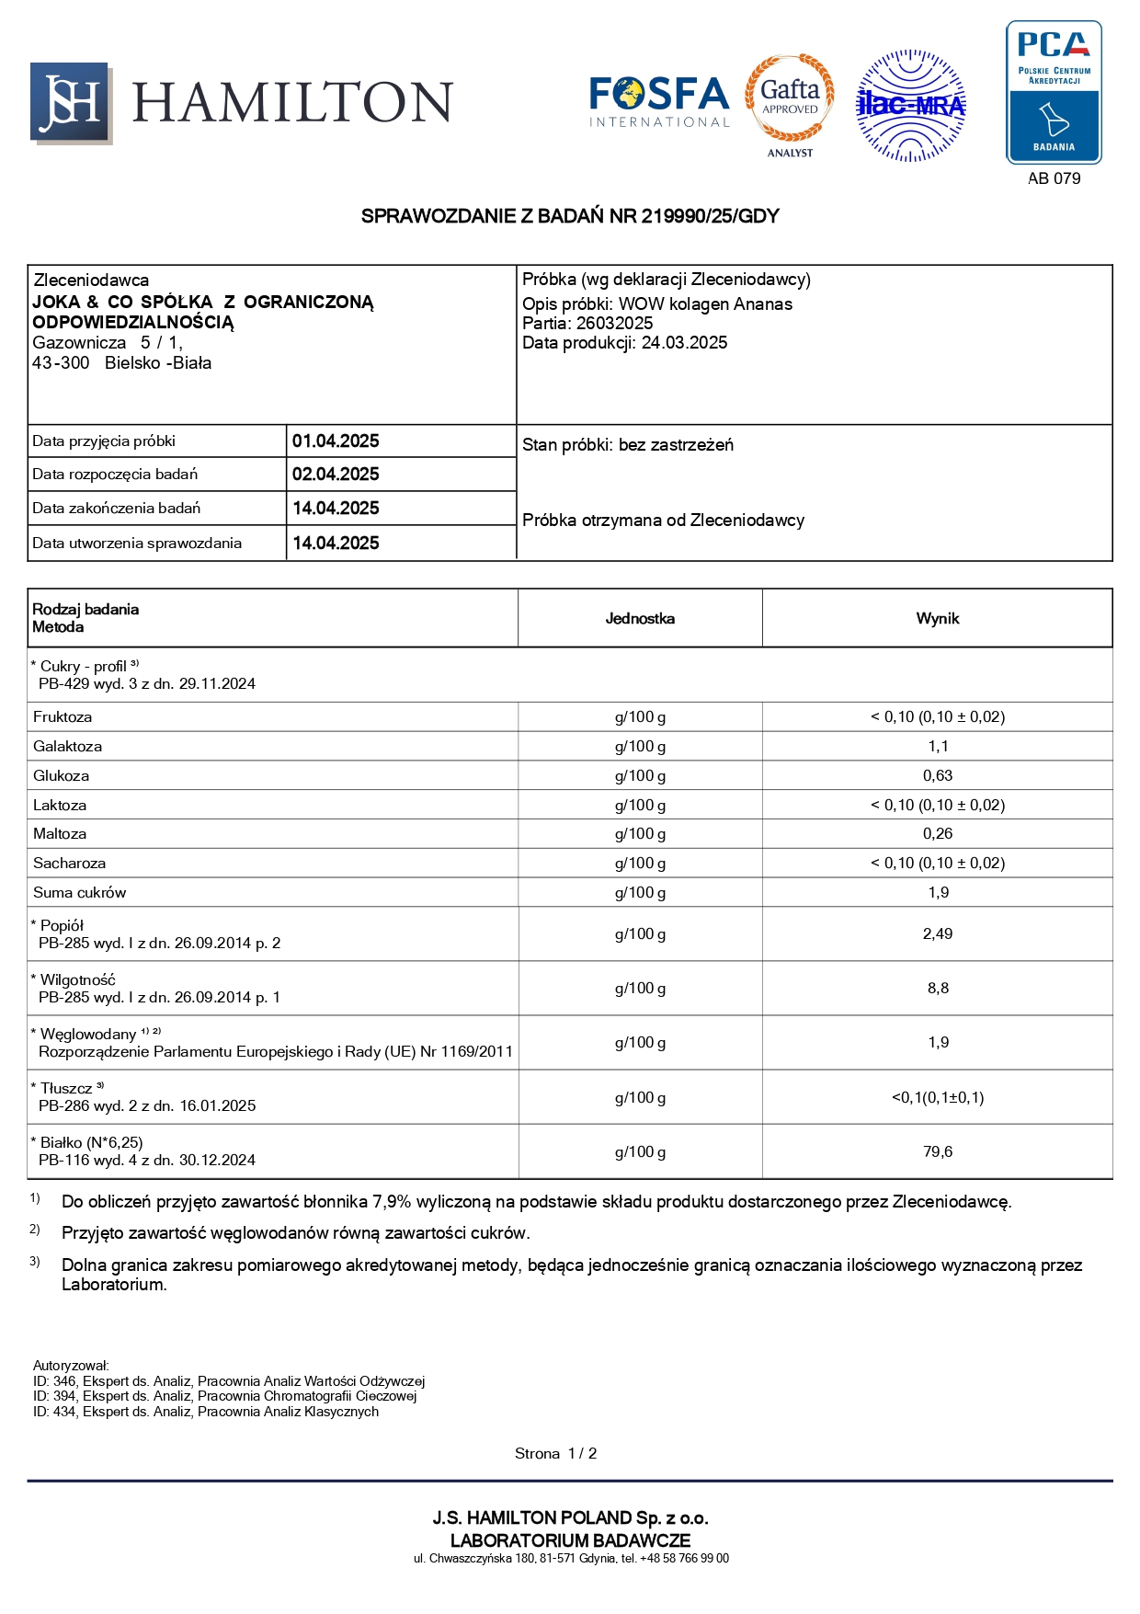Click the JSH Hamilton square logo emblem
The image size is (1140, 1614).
71,102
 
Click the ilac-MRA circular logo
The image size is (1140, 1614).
910,106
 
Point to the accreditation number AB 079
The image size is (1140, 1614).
1054,178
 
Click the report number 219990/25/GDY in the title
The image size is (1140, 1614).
710,216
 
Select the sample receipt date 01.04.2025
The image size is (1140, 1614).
336,441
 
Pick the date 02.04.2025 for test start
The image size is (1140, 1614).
336,475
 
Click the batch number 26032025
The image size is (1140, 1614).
614,324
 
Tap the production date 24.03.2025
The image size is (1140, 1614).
684,343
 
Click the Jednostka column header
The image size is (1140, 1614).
640,619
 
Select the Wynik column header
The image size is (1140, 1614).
937,619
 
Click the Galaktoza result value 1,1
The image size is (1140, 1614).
938,747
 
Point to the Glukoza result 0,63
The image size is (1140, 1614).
938,776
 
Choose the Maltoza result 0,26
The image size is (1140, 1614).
938,834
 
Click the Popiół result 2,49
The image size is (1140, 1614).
938,934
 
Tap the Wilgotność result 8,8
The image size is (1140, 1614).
938,989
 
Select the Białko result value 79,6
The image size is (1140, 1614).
938,1152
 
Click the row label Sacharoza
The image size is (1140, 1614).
69,864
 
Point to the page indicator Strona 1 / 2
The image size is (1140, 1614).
555,1454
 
